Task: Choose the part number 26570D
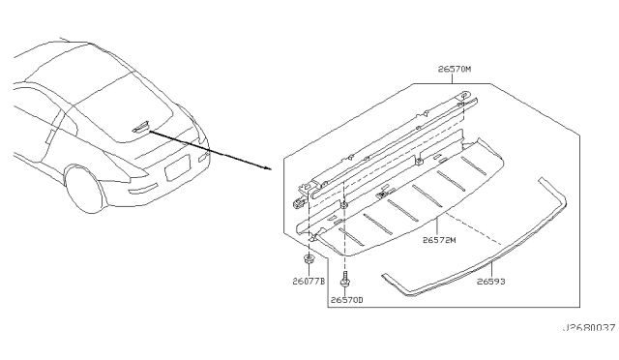(345, 301)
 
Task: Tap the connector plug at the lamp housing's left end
(296, 202)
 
